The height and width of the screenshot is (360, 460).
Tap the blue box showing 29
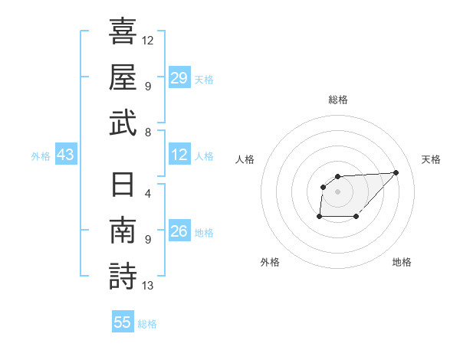click(x=179, y=78)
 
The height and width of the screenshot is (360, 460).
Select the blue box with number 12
click(x=179, y=155)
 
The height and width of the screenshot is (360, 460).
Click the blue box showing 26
click(x=179, y=232)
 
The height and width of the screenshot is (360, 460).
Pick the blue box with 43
click(x=65, y=155)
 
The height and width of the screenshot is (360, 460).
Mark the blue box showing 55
click(x=123, y=322)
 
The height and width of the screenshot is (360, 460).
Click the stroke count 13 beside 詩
click(x=147, y=286)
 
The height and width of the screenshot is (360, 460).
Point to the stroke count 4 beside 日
click(x=148, y=193)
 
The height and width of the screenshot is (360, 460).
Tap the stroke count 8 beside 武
click(x=148, y=132)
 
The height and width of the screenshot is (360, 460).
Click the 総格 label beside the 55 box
click(x=147, y=324)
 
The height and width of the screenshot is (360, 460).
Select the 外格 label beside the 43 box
click(x=41, y=156)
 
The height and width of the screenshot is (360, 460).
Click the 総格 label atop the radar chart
click(x=337, y=100)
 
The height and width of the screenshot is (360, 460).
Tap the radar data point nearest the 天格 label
click(x=396, y=172)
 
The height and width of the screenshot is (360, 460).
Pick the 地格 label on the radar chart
click(x=402, y=262)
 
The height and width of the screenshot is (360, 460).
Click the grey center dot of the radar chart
click(x=337, y=190)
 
